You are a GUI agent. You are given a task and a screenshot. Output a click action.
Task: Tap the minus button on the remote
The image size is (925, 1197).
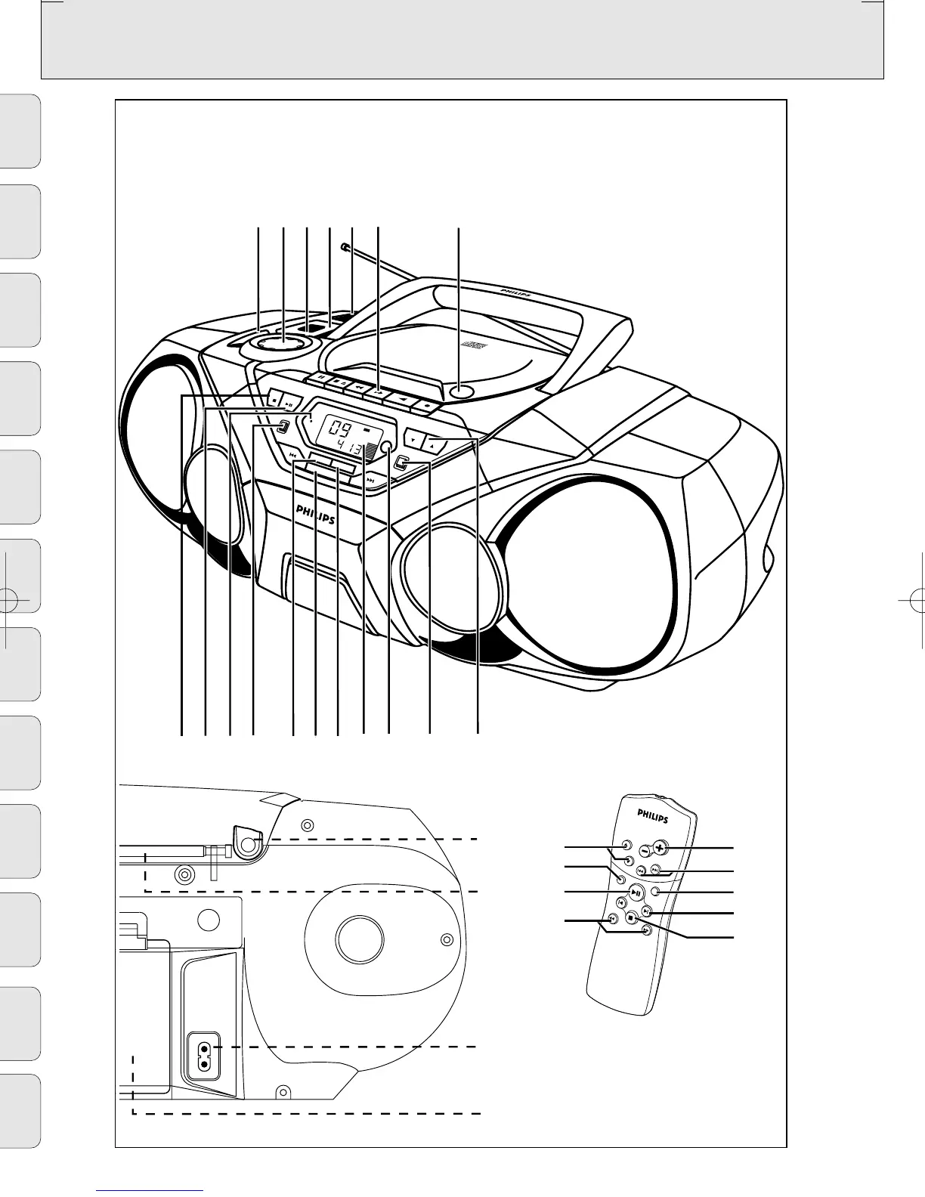coord(644,849)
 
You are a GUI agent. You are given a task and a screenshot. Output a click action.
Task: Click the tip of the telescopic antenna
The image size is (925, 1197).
coord(345,246)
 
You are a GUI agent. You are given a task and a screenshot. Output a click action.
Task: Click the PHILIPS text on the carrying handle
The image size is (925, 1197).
coord(515,291)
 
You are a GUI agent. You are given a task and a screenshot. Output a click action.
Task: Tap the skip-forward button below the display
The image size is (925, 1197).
coord(370,478)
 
